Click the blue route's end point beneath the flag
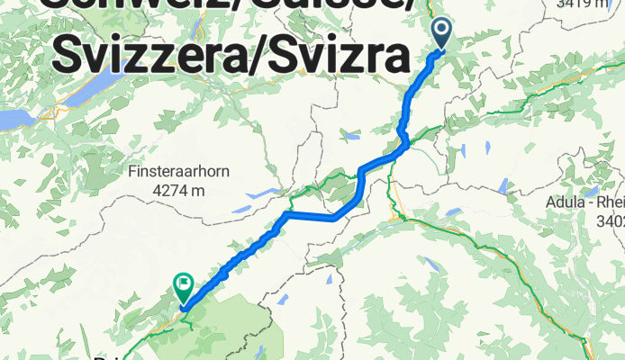point(183,308)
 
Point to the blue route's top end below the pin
point(440,51)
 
